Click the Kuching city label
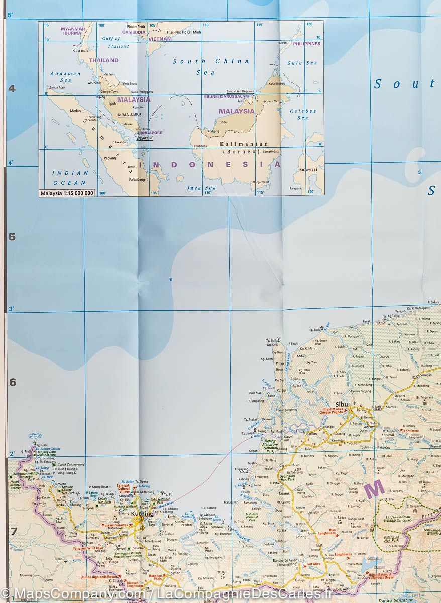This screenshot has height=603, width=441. coord(141,514)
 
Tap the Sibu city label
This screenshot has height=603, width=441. coord(342,404)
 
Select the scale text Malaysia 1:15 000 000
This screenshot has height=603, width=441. coord(67,193)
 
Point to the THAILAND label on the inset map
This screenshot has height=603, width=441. coord(104,60)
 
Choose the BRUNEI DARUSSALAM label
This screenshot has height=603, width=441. coord(226,96)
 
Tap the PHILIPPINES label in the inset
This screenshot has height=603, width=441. coord(306,44)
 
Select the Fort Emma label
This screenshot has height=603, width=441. coord(410,431)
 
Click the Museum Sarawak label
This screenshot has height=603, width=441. coord(115,525)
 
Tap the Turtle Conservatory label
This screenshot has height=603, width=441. coord(71,465)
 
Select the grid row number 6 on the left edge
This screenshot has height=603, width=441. coord(13,382)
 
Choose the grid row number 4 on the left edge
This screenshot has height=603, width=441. coord(13,89)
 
